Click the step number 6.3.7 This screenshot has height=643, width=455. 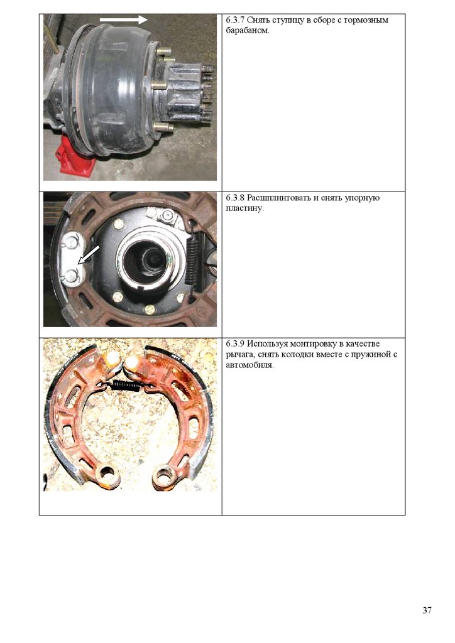235,21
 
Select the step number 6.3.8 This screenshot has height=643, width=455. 235,198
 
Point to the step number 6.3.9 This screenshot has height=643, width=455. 235,344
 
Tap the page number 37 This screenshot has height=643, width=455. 427,610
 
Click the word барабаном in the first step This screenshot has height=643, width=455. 248,31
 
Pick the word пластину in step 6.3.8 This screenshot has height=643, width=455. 244,208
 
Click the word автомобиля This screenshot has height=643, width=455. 249,365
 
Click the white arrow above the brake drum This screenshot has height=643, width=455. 124,19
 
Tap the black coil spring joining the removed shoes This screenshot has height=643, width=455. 126,385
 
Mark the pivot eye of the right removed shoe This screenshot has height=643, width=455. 166,477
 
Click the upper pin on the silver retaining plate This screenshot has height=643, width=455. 72,243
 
